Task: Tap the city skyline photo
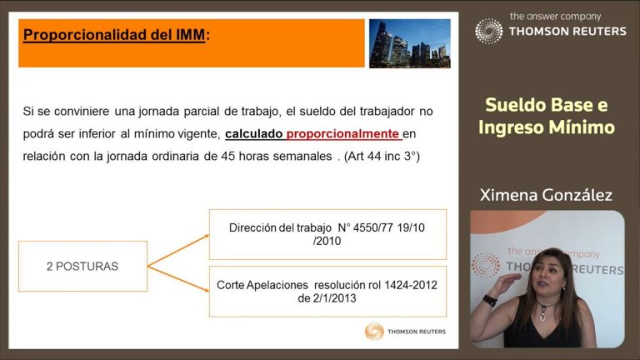click(410, 43)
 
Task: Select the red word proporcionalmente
click(342, 133)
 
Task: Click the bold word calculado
click(253, 133)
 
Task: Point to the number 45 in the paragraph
click(227, 156)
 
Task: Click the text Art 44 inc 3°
click(382, 156)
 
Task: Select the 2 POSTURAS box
click(82, 266)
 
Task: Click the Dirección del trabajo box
click(327, 234)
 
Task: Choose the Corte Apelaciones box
click(327, 292)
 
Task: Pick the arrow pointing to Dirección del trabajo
click(178, 251)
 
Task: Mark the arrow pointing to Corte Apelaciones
click(178, 279)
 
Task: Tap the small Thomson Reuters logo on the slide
click(405, 332)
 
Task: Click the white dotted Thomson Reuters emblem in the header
click(488, 31)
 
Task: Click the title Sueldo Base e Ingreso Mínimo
click(547, 116)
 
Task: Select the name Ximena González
click(546, 195)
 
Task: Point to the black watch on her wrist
click(490, 300)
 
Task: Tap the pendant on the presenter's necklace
click(542, 316)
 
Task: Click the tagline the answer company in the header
click(556, 17)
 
